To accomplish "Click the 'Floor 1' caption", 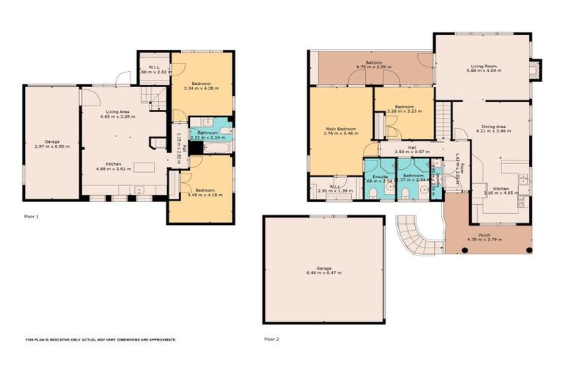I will coord(32,217).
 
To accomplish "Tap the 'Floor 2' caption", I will coord(272,339).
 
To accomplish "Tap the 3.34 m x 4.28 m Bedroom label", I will coord(202,86).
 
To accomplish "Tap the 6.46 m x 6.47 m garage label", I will coord(323,270).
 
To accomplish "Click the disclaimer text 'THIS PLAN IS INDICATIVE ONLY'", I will coord(100,340).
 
